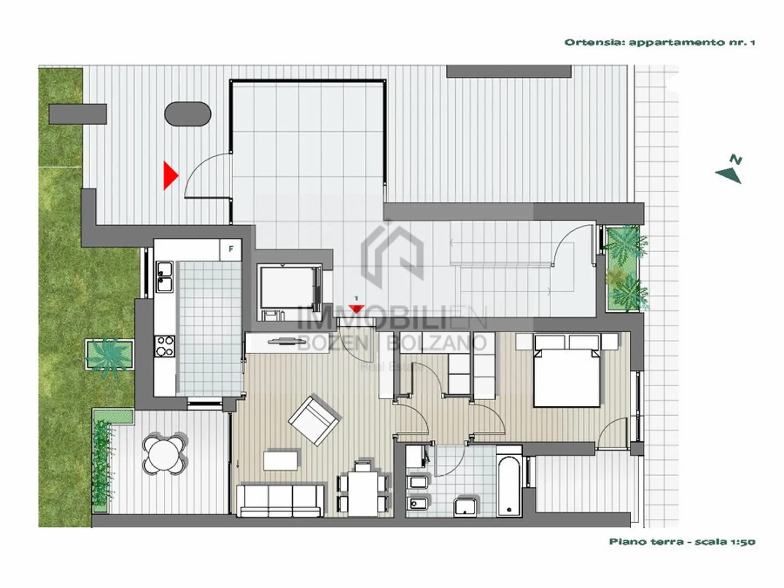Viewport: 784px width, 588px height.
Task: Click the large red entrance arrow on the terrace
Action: click(170, 176)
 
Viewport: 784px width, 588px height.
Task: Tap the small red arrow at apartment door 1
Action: click(356, 309)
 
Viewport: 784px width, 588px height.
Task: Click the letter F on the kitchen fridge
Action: click(231, 249)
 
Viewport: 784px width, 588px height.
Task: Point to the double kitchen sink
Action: click(165, 277)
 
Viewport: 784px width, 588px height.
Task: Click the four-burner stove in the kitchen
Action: click(165, 346)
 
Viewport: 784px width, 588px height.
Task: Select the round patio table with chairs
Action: click(165, 453)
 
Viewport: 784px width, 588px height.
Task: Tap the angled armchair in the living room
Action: click(314, 420)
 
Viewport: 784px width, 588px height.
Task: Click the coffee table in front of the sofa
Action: click(281, 460)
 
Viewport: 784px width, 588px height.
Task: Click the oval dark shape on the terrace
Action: click(188, 114)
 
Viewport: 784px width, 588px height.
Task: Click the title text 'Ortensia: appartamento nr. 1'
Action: click(659, 42)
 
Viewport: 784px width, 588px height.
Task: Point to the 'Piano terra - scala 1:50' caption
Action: click(682, 542)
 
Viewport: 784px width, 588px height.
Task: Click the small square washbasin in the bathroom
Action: click(466, 506)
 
